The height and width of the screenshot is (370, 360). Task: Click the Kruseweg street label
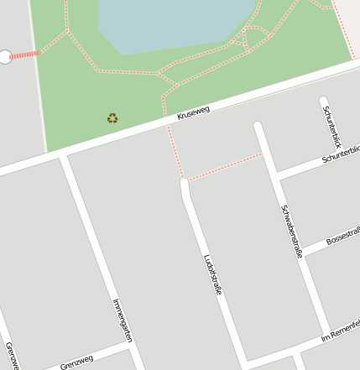coord(193,112)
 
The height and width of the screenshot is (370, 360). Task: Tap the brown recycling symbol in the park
coord(112,118)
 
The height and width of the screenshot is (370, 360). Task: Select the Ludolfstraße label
coord(212,275)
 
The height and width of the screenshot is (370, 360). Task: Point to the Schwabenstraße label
coord(291,231)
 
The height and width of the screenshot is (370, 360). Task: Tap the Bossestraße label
coord(342,238)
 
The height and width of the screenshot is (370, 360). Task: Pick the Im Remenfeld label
coord(341,331)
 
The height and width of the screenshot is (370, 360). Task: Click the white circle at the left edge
coord(5,56)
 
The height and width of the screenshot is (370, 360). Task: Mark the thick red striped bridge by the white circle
coord(25,55)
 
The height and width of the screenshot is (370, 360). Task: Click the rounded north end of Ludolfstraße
coord(184,182)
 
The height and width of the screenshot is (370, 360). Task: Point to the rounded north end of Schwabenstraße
coord(258,127)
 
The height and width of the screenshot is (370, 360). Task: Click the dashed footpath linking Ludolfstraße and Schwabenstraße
coord(224,167)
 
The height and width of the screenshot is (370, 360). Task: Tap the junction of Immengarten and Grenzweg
coord(132,347)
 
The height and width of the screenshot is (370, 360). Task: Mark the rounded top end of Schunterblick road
coord(324,102)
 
